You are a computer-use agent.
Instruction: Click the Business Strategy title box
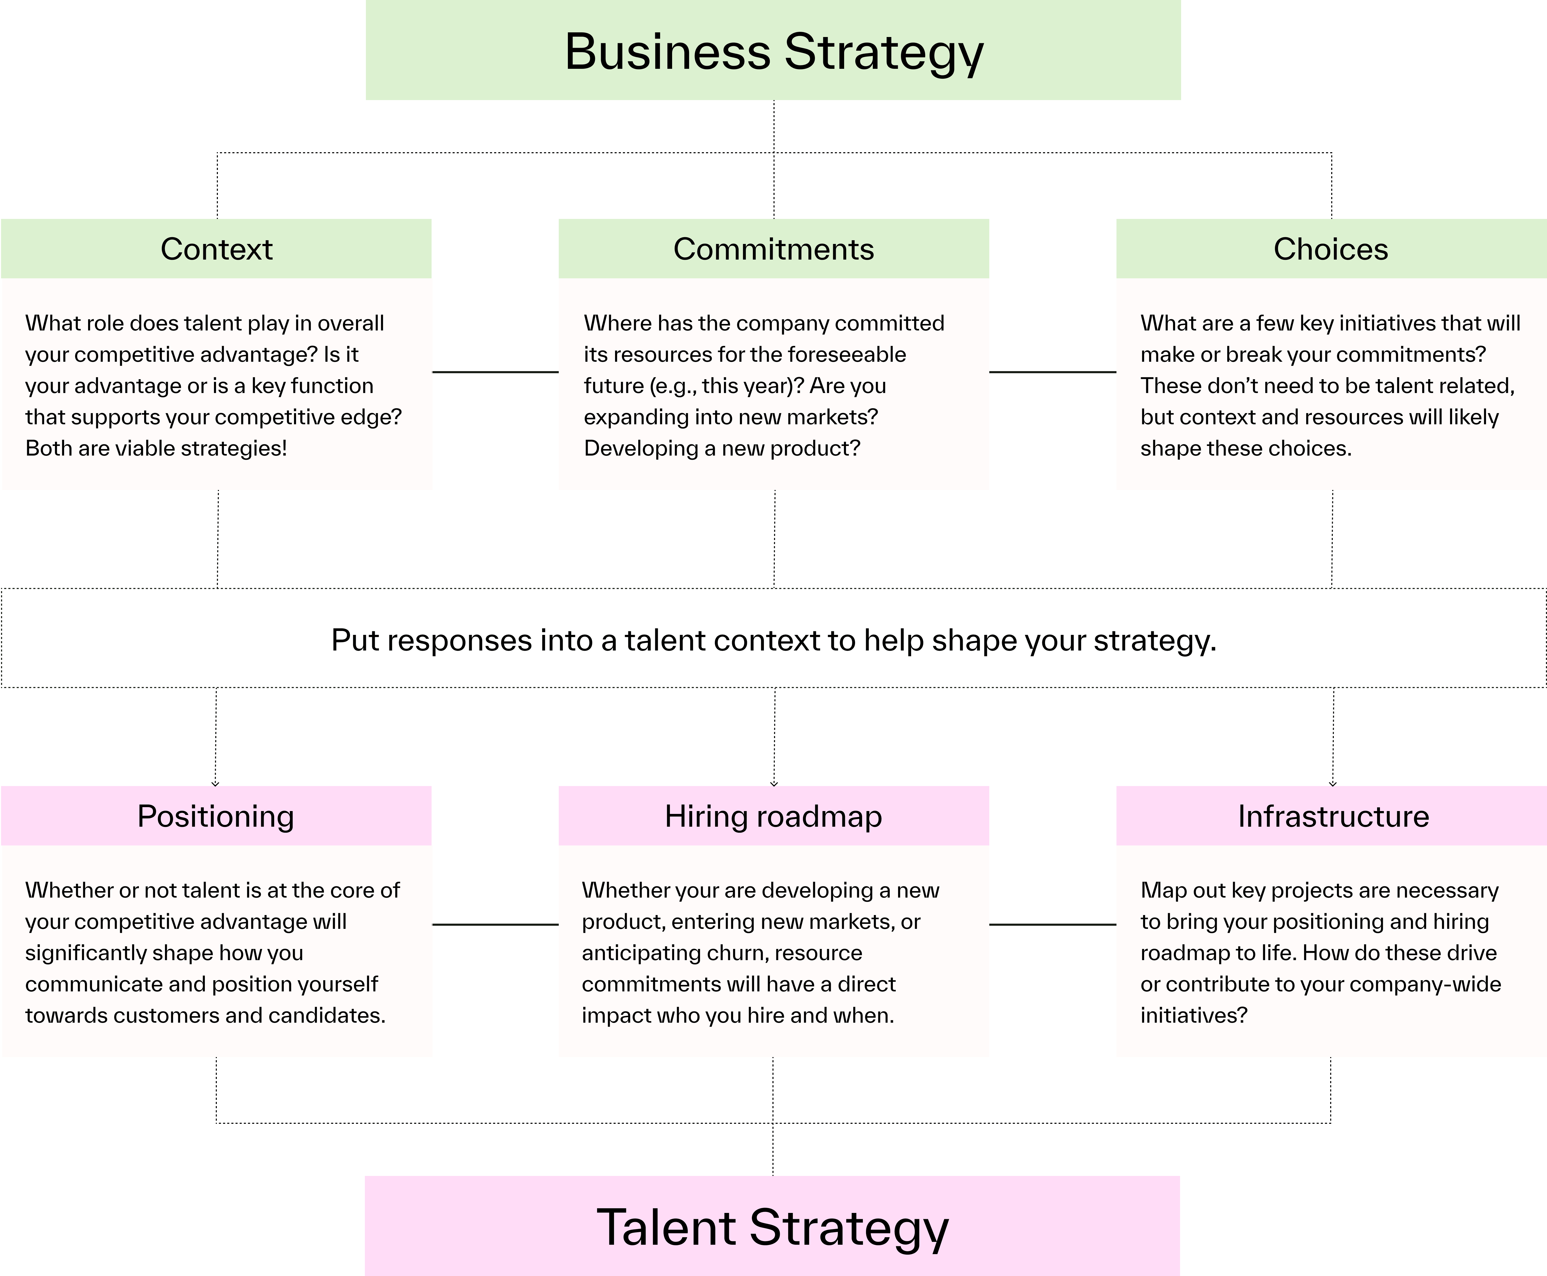coord(773,50)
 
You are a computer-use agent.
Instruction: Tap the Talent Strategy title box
coord(772,1227)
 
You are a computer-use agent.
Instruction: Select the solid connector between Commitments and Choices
coord(1052,372)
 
